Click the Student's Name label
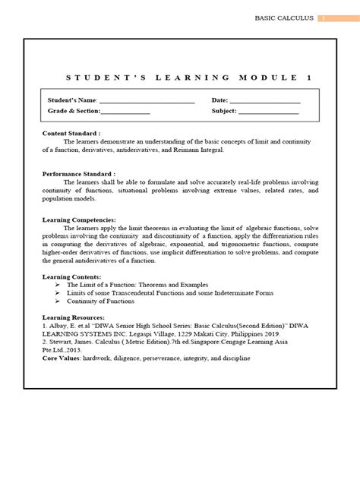pos(72,100)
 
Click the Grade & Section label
pos(74,111)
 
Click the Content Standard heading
pos(68,133)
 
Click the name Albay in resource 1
pos(58,326)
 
